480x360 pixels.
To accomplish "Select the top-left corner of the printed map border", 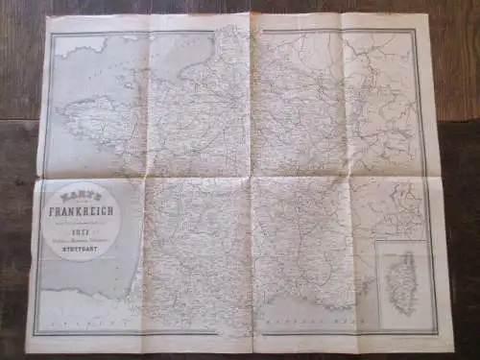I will click(52, 32).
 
